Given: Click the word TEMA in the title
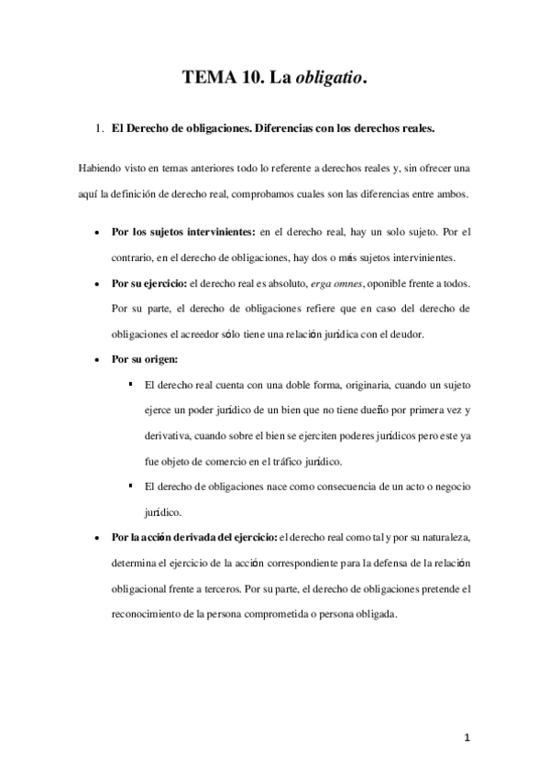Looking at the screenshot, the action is (209, 80).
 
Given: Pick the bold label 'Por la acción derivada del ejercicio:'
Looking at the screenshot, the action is (200, 536).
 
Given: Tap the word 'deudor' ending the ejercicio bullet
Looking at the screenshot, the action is (439, 334).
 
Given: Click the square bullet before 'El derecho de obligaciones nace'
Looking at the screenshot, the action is (133, 485).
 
